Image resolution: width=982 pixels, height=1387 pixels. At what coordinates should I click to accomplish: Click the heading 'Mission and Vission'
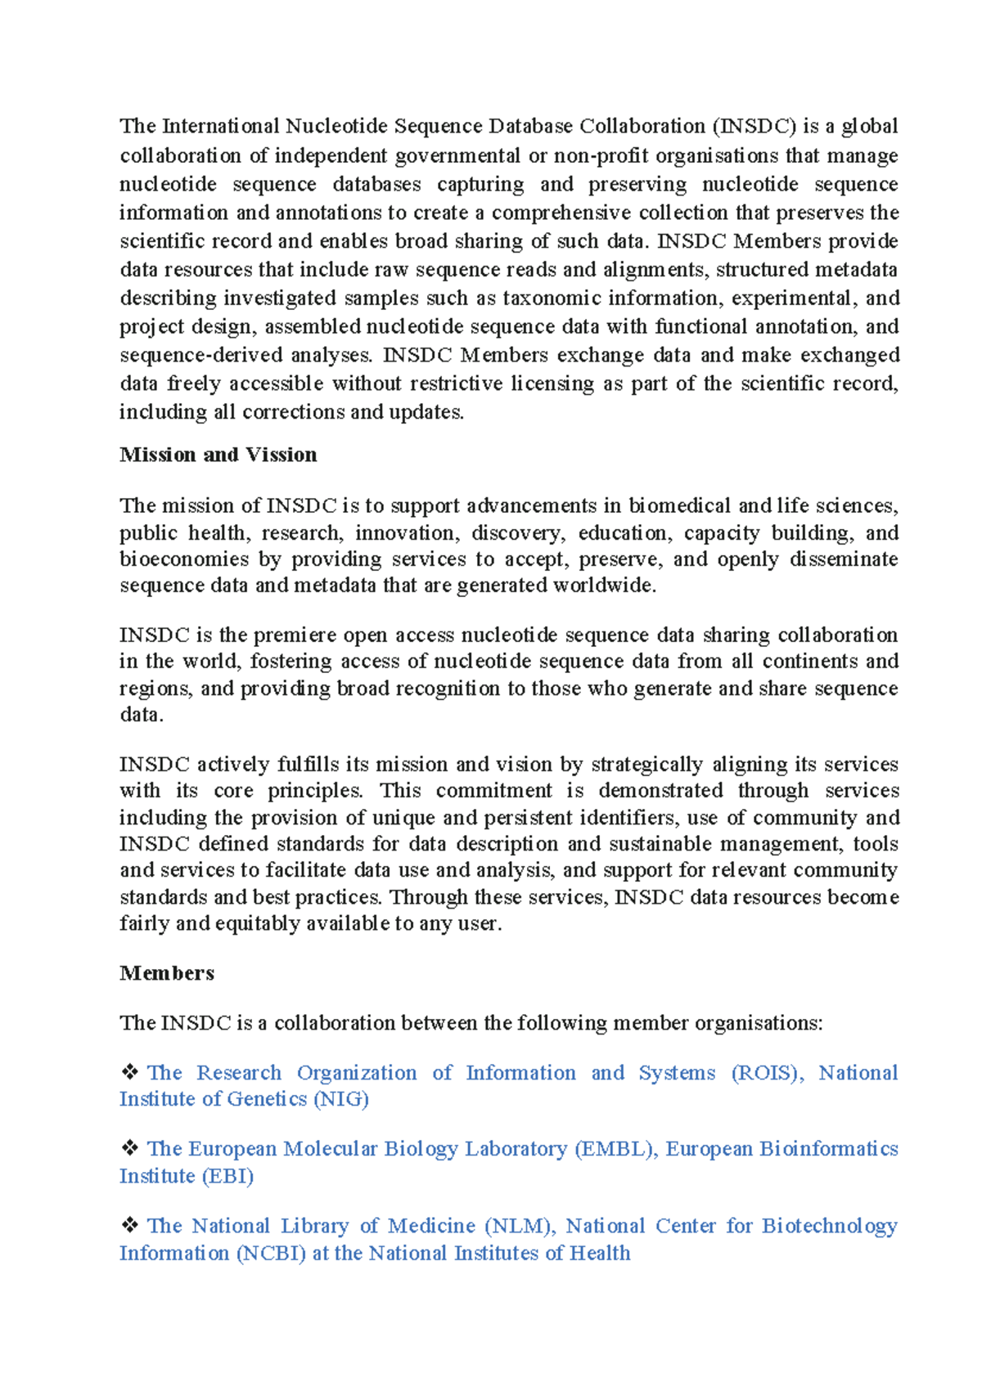(x=218, y=455)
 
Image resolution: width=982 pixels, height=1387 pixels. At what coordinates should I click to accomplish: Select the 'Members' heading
(x=167, y=973)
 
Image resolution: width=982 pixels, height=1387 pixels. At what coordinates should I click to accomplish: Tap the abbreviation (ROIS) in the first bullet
(x=767, y=1073)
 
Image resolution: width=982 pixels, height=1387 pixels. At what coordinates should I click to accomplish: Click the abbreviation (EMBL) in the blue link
(x=616, y=1149)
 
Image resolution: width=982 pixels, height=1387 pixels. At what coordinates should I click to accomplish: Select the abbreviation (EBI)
(x=227, y=1176)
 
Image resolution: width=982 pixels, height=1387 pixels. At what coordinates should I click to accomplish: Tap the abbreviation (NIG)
(x=341, y=1099)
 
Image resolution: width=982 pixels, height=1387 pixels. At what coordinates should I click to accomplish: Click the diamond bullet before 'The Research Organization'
(x=129, y=1072)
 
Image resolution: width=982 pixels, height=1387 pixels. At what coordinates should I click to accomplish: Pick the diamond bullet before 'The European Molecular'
(x=129, y=1148)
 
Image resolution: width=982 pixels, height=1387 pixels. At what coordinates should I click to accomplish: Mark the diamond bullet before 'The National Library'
(x=129, y=1225)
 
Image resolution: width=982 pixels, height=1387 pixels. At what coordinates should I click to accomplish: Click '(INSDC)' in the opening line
(x=754, y=126)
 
